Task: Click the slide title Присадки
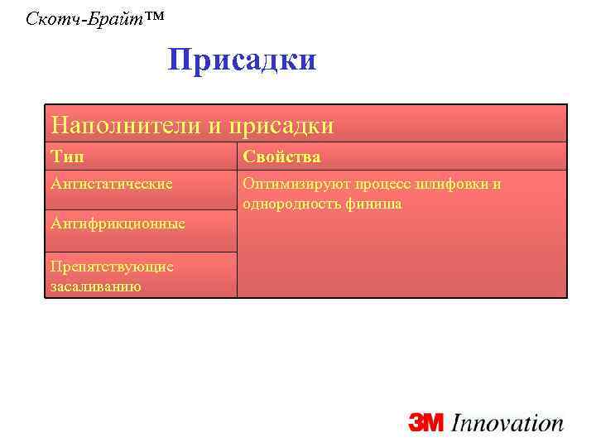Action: [242, 60]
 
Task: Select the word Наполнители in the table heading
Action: [124, 125]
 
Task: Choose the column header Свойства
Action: [281, 156]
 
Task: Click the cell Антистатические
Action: [111, 184]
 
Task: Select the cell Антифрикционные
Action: [118, 223]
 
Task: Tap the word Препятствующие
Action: [112, 267]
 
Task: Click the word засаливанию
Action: [95, 286]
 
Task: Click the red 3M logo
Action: [427, 424]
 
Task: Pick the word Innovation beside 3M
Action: [507, 423]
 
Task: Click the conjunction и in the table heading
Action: [214, 126]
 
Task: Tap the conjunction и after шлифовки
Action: [496, 184]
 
